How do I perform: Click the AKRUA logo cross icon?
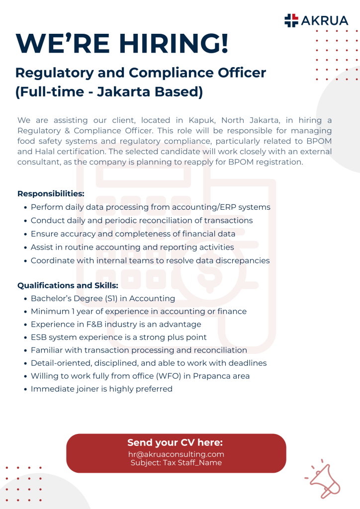click(x=291, y=20)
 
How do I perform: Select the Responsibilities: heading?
click(x=51, y=193)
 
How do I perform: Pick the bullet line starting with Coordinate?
click(x=150, y=260)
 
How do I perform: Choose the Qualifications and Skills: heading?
click(x=68, y=285)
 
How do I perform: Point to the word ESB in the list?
click(x=39, y=337)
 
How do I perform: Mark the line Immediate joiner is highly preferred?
click(x=101, y=389)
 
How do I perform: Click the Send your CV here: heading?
click(x=175, y=442)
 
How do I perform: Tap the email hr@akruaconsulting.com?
click(x=176, y=454)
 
